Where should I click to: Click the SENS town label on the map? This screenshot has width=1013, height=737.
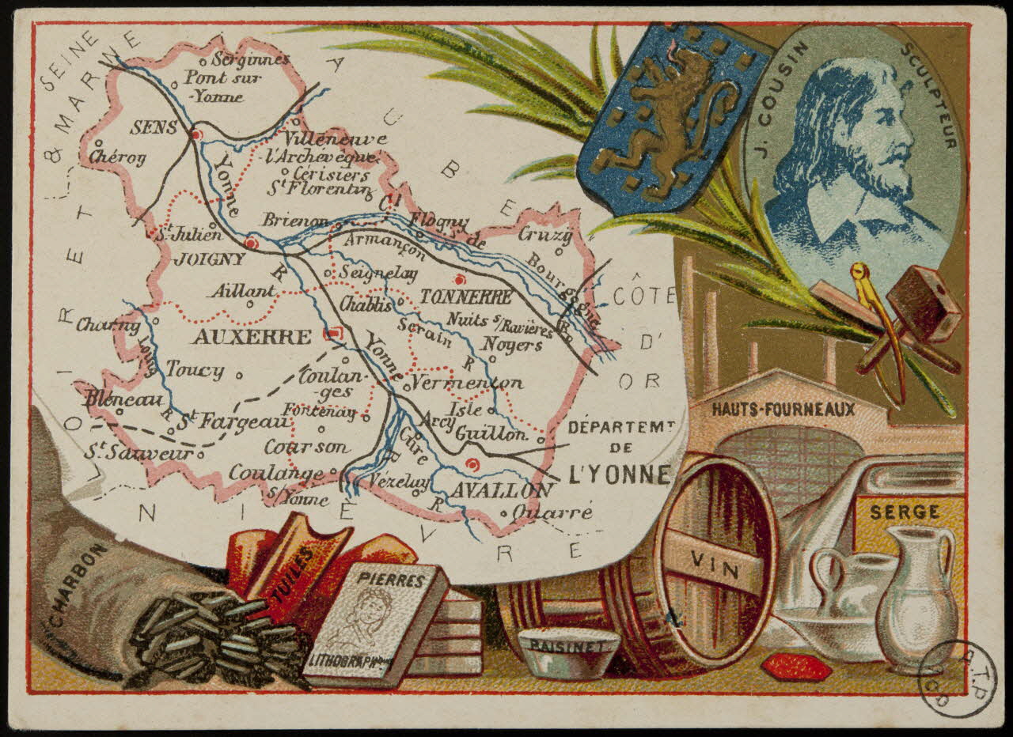(x=155, y=127)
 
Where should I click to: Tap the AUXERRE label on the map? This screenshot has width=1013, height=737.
(x=252, y=338)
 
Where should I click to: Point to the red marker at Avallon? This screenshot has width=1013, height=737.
(x=472, y=464)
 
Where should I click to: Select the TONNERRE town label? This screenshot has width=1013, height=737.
(x=466, y=298)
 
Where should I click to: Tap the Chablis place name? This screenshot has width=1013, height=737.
(x=366, y=304)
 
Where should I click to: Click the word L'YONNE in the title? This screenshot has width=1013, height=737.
(x=620, y=474)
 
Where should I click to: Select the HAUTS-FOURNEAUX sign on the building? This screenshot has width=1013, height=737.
(x=783, y=409)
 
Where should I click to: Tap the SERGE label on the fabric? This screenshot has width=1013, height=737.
(x=905, y=512)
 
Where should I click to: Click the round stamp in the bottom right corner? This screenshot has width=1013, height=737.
(x=958, y=677)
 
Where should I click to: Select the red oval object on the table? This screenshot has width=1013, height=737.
(x=795, y=667)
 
